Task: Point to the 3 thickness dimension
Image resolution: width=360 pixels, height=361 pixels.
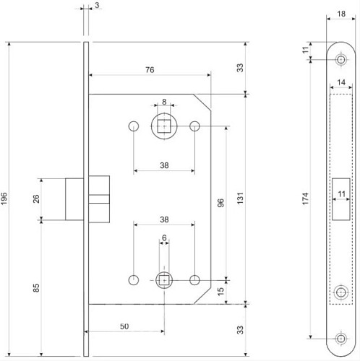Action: click(97, 6)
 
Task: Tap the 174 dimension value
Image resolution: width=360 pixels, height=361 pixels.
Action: click(307, 196)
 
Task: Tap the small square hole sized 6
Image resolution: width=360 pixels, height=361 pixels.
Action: click(164, 279)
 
